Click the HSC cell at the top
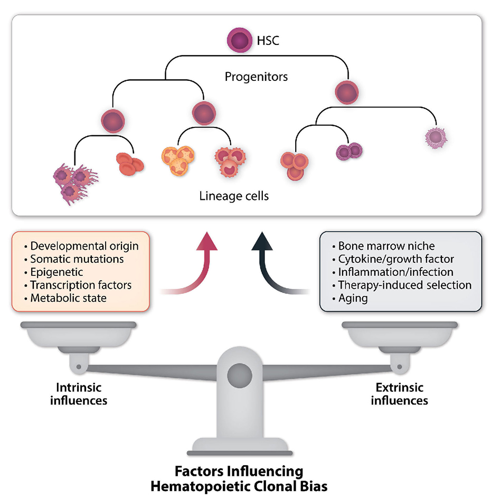coord(238,40)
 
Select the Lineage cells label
coord(234,196)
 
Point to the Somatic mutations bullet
coord(77,259)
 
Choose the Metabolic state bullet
coord(68,298)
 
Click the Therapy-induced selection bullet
coord(404,285)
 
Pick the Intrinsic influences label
coord(79,394)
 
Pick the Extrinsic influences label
coord(399,394)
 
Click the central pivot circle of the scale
coord(239,376)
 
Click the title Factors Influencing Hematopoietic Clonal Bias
coord(239,477)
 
